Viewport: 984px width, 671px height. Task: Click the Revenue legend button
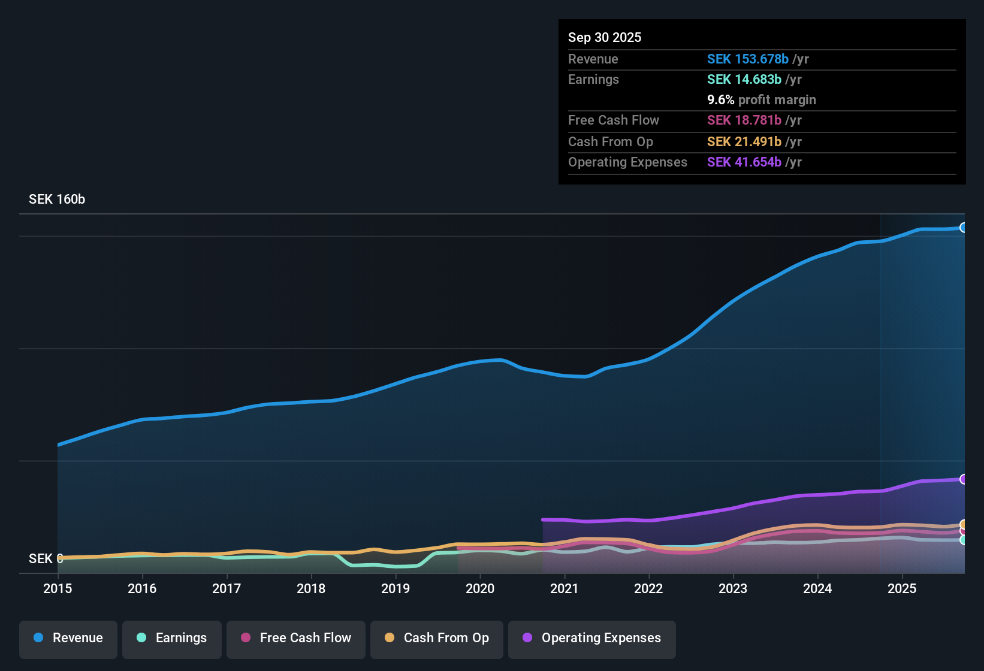click(x=68, y=638)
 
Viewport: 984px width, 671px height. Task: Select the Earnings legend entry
click(x=172, y=638)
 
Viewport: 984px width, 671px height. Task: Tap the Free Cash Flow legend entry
click(x=296, y=638)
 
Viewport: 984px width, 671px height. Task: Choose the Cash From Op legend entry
click(x=437, y=638)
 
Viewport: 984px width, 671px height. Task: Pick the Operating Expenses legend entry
click(x=592, y=638)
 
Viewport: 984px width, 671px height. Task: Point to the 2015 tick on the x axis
click(x=58, y=588)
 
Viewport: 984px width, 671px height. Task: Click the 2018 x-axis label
click(x=311, y=588)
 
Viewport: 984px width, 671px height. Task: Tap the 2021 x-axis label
click(x=565, y=588)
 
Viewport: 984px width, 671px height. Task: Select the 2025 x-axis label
click(x=902, y=588)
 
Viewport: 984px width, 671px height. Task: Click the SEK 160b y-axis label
click(x=57, y=200)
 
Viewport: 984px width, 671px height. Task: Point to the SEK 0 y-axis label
click(x=46, y=559)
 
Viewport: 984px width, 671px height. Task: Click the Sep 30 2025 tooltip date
click(x=605, y=38)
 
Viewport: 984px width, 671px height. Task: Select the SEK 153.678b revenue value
click(x=747, y=59)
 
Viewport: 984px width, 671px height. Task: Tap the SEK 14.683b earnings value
click(x=744, y=80)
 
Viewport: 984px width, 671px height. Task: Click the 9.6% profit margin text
click(x=761, y=100)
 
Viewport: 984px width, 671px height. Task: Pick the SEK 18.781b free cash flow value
click(x=744, y=120)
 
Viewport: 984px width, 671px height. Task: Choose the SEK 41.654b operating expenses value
click(x=744, y=162)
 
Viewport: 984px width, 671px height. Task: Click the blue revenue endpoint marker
click(x=964, y=228)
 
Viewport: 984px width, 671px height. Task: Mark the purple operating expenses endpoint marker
click(x=964, y=479)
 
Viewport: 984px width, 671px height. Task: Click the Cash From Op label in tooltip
click(x=610, y=142)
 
